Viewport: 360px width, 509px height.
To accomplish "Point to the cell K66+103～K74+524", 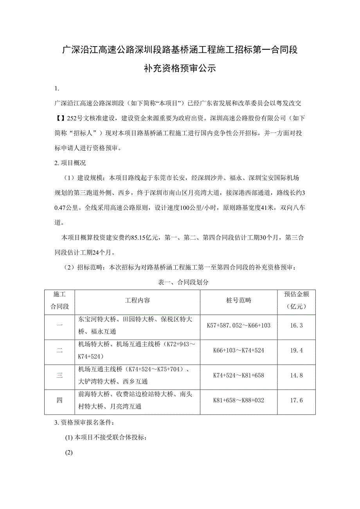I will (x=238, y=351).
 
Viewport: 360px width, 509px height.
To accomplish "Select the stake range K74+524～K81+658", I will (x=238, y=376).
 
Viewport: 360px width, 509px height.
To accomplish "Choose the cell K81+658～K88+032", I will (x=238, y=400).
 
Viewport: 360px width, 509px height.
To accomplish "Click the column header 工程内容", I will (x=137, y=301).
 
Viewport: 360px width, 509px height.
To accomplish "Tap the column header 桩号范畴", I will (x=238, y=301).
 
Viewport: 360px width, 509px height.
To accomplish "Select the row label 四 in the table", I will (x=59, y=400).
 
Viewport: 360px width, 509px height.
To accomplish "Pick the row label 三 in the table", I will (x=59, y=376).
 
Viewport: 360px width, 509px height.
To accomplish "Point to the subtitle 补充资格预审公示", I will (x=180, y=68).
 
